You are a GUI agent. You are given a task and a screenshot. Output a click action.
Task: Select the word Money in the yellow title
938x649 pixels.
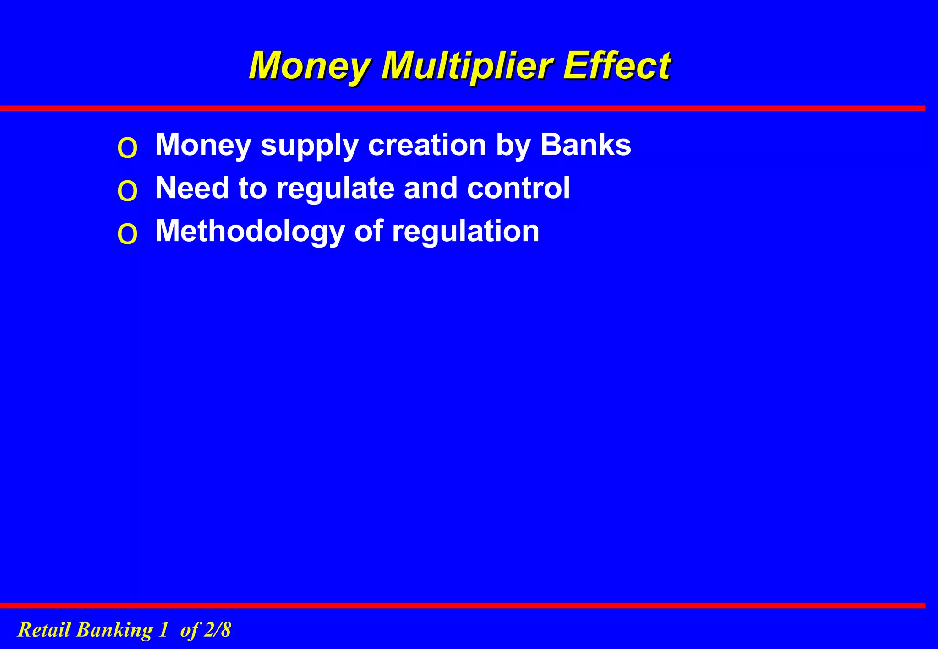[x=309, y=66]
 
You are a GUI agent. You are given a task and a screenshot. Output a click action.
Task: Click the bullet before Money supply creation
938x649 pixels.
[x=127, y=148]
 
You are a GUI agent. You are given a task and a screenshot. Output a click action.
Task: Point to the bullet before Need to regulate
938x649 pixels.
[x=127, y=191]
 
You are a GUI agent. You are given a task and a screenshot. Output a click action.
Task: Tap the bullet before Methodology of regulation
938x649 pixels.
[x=127, y=234]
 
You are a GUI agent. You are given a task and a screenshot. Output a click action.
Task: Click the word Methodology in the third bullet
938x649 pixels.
[x=250, y=232]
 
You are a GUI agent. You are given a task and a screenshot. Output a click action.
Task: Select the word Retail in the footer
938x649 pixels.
[x=44, y=630]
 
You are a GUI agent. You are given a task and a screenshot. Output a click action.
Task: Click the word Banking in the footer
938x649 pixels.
[x=114, y=631]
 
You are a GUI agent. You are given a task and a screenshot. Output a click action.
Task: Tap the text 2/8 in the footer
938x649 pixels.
[x=217, y=630]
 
